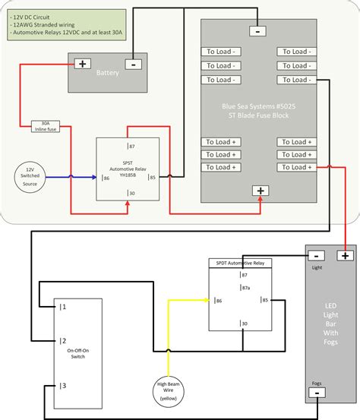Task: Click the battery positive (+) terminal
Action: pos(82,65)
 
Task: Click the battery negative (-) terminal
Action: pos(133,65)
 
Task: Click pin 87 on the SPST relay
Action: pos(131,146)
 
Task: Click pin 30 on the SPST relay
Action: pos(131,194)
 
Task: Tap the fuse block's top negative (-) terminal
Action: pos(258,31)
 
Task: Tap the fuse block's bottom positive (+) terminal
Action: pos(261,191)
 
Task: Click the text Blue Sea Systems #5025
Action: pos(261,106)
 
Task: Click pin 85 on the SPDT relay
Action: pos(264,301)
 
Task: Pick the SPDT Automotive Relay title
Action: pos(239,263)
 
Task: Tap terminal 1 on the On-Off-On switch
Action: pos(64,307)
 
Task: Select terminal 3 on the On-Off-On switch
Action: pos(64,386)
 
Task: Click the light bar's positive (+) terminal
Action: pos(346,256)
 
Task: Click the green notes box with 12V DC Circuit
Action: pos(52,24)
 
